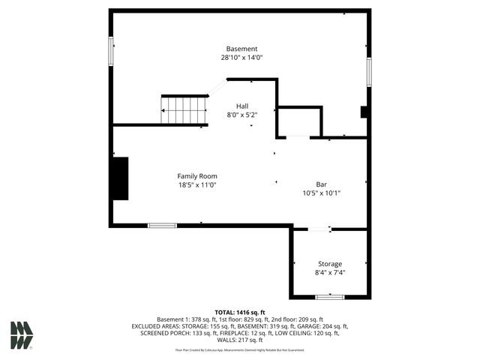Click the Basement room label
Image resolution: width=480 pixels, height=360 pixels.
click(x=241, y=49)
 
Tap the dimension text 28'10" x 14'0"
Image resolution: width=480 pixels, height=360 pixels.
click(x=241, y=58)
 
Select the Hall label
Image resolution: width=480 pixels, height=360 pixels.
click(x=242, y=106)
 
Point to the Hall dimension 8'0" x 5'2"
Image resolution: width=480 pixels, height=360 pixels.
click(x=242, y=115)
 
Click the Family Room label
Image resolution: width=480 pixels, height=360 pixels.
click(x=197, y=176)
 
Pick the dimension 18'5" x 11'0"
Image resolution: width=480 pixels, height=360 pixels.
click(x=197, y=185)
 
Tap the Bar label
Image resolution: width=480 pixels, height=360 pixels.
click(x=322, y=184)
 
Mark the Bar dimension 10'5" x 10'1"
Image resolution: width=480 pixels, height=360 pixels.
click(x=322, y=193)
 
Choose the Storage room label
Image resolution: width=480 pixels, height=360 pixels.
click(x=330, y=264)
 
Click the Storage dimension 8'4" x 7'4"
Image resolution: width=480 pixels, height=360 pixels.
click(x=330, y=273)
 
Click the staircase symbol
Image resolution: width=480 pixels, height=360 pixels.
click(x=184, y=109)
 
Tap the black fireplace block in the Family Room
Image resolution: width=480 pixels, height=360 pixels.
click(x=120, y=178)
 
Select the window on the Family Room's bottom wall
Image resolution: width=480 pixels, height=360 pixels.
click(x=162, y=225)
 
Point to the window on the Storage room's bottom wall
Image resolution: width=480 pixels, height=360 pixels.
click(x=329, y=297)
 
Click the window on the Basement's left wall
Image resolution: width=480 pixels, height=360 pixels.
click(x=111, y=49)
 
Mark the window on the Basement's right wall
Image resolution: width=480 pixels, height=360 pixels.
click(x=368, y=72)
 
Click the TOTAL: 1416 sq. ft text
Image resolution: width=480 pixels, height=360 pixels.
click(x=240, y=312)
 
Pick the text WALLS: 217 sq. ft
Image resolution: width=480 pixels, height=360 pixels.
click(x=240, y=340)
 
